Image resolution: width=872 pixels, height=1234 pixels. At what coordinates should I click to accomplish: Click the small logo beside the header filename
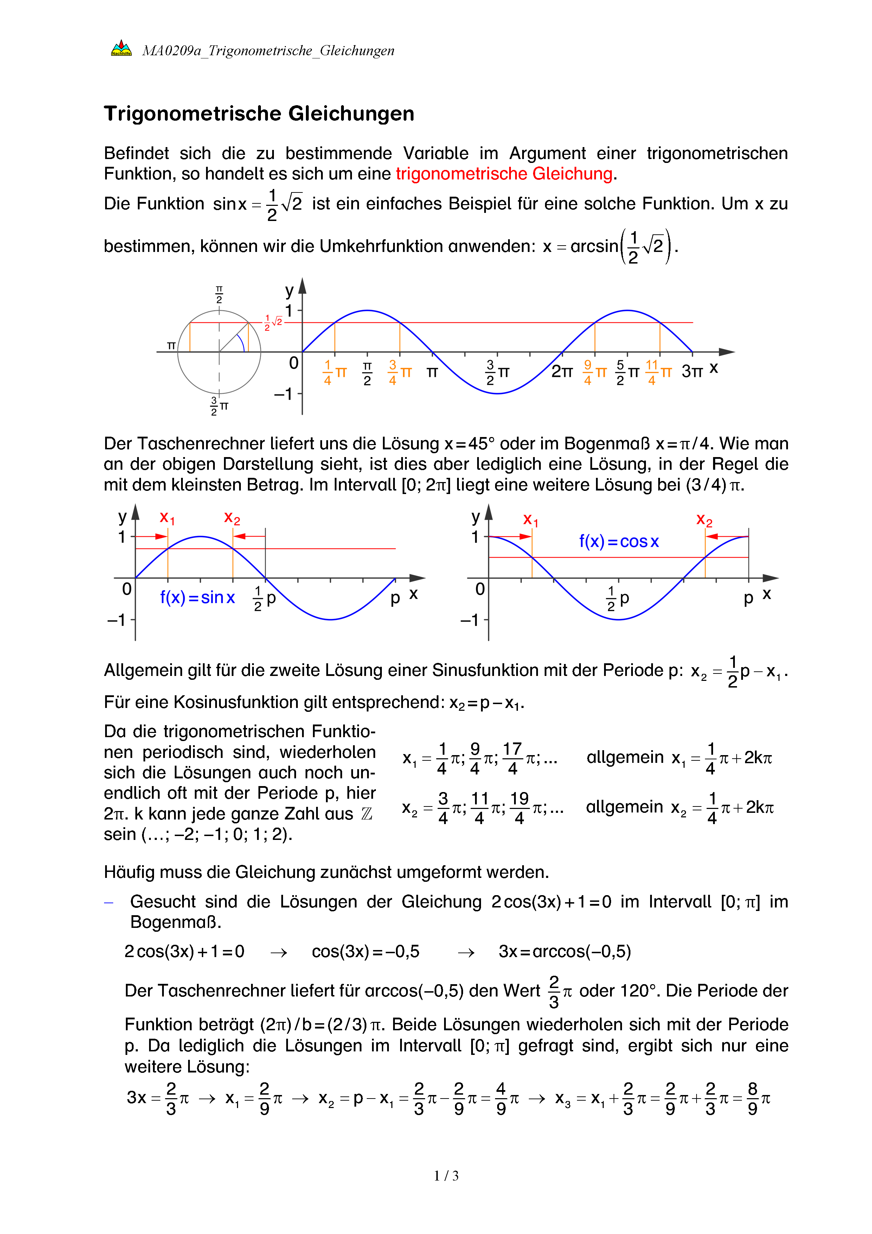point(121,49)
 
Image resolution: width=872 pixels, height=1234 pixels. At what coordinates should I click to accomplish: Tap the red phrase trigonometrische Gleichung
point(504,173)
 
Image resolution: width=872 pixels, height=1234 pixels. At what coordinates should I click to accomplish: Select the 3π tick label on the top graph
point(692,371)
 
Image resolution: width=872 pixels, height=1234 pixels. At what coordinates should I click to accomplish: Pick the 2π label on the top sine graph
point(562,371)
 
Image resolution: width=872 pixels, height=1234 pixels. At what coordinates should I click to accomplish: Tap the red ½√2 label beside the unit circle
point(273,322)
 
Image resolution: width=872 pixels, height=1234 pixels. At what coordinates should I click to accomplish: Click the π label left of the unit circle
point(171,346)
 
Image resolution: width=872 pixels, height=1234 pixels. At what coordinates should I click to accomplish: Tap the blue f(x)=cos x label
point(618,541)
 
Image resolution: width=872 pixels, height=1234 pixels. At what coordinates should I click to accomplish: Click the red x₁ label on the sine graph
point(167,518)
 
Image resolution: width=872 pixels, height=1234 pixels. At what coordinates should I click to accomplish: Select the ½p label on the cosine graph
point(617,598)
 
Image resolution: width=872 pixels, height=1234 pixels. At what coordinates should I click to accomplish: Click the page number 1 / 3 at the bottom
point(446,1176)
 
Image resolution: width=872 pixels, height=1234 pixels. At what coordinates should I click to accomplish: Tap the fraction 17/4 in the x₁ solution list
point(513,758)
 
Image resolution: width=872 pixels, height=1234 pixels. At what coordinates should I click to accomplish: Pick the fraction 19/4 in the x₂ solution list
point(519,807)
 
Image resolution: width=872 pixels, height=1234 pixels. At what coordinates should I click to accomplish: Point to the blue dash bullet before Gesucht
point(108,903)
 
